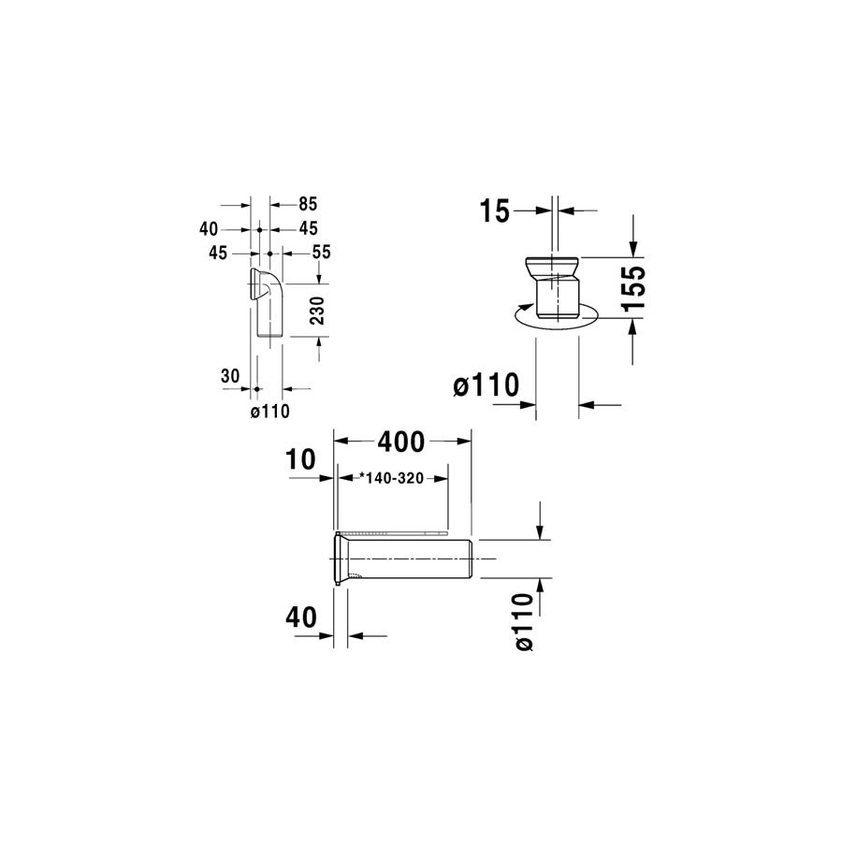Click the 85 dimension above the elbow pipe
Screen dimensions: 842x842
(308, 204)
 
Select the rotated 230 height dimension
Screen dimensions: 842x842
(317, 311)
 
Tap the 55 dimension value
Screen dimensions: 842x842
(322, 253)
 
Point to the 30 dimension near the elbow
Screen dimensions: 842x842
(230, 376)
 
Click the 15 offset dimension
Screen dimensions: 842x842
(495, 211)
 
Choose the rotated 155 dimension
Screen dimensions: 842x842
(633, 287)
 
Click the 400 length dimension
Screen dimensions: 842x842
(401, 442)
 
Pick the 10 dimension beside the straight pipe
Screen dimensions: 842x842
(300, 459)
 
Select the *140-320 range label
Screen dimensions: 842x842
(391, 477)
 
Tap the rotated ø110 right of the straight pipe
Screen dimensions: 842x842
(524, 622)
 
